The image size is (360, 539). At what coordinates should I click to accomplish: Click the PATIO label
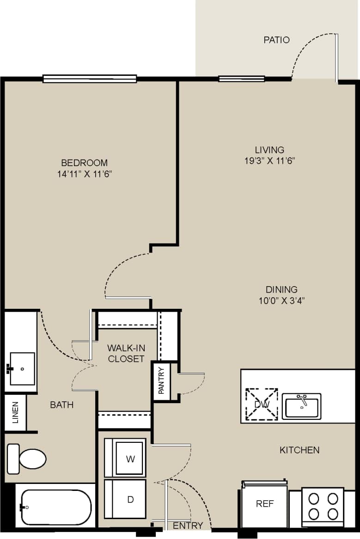click(277, 40)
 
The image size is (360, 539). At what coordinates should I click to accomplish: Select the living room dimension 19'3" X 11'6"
click(269, 161)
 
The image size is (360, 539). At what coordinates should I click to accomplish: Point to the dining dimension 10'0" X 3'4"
click(282, 300)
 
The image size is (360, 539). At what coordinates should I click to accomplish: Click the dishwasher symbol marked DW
click(262, 404)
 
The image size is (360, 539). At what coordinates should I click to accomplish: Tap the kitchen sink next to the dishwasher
click(302, 406)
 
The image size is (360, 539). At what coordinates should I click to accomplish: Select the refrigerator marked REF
click(265, 504)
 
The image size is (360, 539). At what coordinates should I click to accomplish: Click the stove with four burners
click(323, 506)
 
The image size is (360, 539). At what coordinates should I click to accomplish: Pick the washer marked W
click(130, 459)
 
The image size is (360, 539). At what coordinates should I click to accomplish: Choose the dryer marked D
click(130, 499)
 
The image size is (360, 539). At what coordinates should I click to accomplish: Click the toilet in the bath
click(27, 459)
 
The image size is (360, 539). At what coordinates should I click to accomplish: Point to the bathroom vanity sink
click(22, 368)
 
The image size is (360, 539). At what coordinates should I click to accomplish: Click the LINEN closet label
click(15, 413)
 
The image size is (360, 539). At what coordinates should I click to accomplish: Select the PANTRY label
click(161, 380)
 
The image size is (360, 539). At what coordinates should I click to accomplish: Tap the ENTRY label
click(188, 525)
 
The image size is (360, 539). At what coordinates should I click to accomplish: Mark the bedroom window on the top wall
click(90, 79)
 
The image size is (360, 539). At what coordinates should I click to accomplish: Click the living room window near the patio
click(241, 79)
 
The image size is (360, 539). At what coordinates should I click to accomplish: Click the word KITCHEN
click(299, 449)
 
